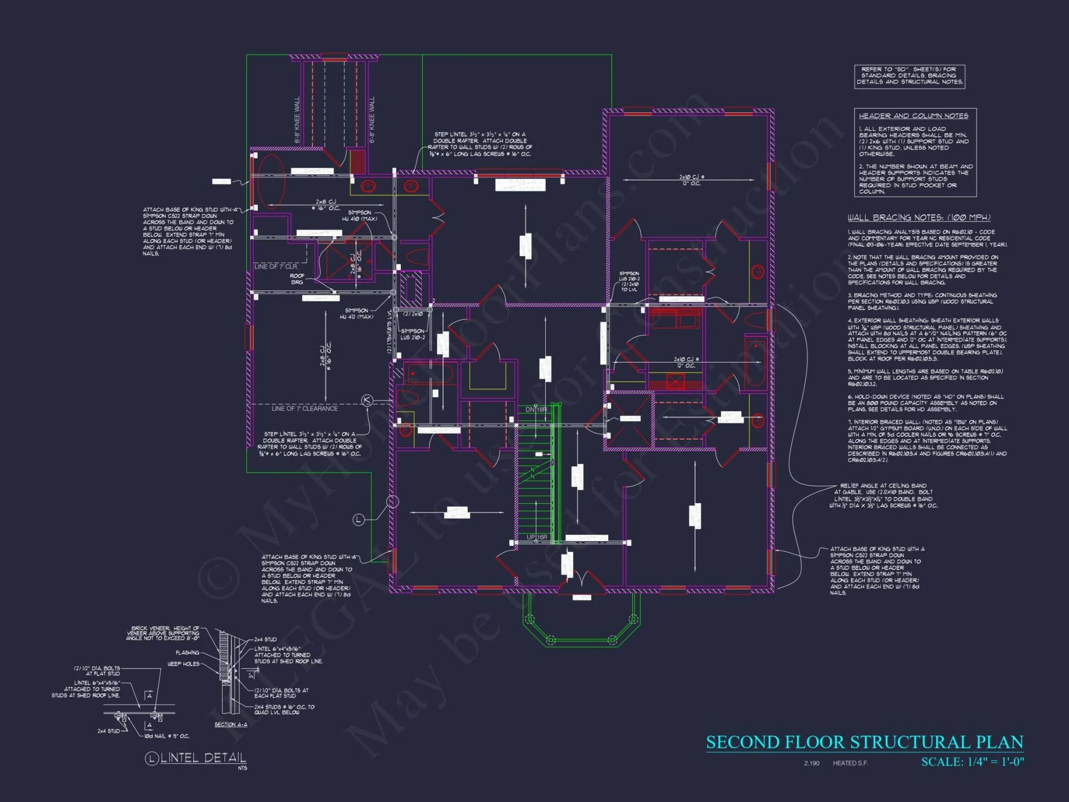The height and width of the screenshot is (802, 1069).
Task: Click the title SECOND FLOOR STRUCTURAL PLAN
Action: coord(864,742)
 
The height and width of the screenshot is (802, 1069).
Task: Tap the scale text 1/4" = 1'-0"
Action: coord(972,762)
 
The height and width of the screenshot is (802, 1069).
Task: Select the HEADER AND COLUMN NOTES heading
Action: coord(913,116)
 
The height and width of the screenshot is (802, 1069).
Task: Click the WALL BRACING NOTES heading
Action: coord(919,218)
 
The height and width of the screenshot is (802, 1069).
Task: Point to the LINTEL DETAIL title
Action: coord(203,758)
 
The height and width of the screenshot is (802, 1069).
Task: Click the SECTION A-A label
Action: coord(231,724)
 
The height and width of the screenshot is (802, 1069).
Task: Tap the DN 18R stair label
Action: coord(536,410)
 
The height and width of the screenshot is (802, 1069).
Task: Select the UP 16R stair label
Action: coord(537,537)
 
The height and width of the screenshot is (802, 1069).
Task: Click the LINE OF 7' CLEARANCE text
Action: coord(305,408)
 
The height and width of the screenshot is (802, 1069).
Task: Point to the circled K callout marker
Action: coord(367,400)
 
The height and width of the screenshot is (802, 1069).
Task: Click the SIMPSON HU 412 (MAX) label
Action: coord(357,314)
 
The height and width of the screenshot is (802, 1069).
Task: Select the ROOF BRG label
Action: coord(297,279)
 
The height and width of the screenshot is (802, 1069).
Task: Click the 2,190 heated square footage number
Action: coord(811,763)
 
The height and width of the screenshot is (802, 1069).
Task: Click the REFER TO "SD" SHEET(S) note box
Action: coord(909,76)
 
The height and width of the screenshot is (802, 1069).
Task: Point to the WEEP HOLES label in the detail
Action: coord(183,664)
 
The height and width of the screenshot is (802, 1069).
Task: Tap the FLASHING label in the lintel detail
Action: coord(187,653)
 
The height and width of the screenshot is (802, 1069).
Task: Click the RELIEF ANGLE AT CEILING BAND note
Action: coord(883,496)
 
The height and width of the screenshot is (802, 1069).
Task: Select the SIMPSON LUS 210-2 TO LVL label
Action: coord(629,281)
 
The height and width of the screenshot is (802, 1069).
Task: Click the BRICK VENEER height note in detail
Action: coord(163,633)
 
